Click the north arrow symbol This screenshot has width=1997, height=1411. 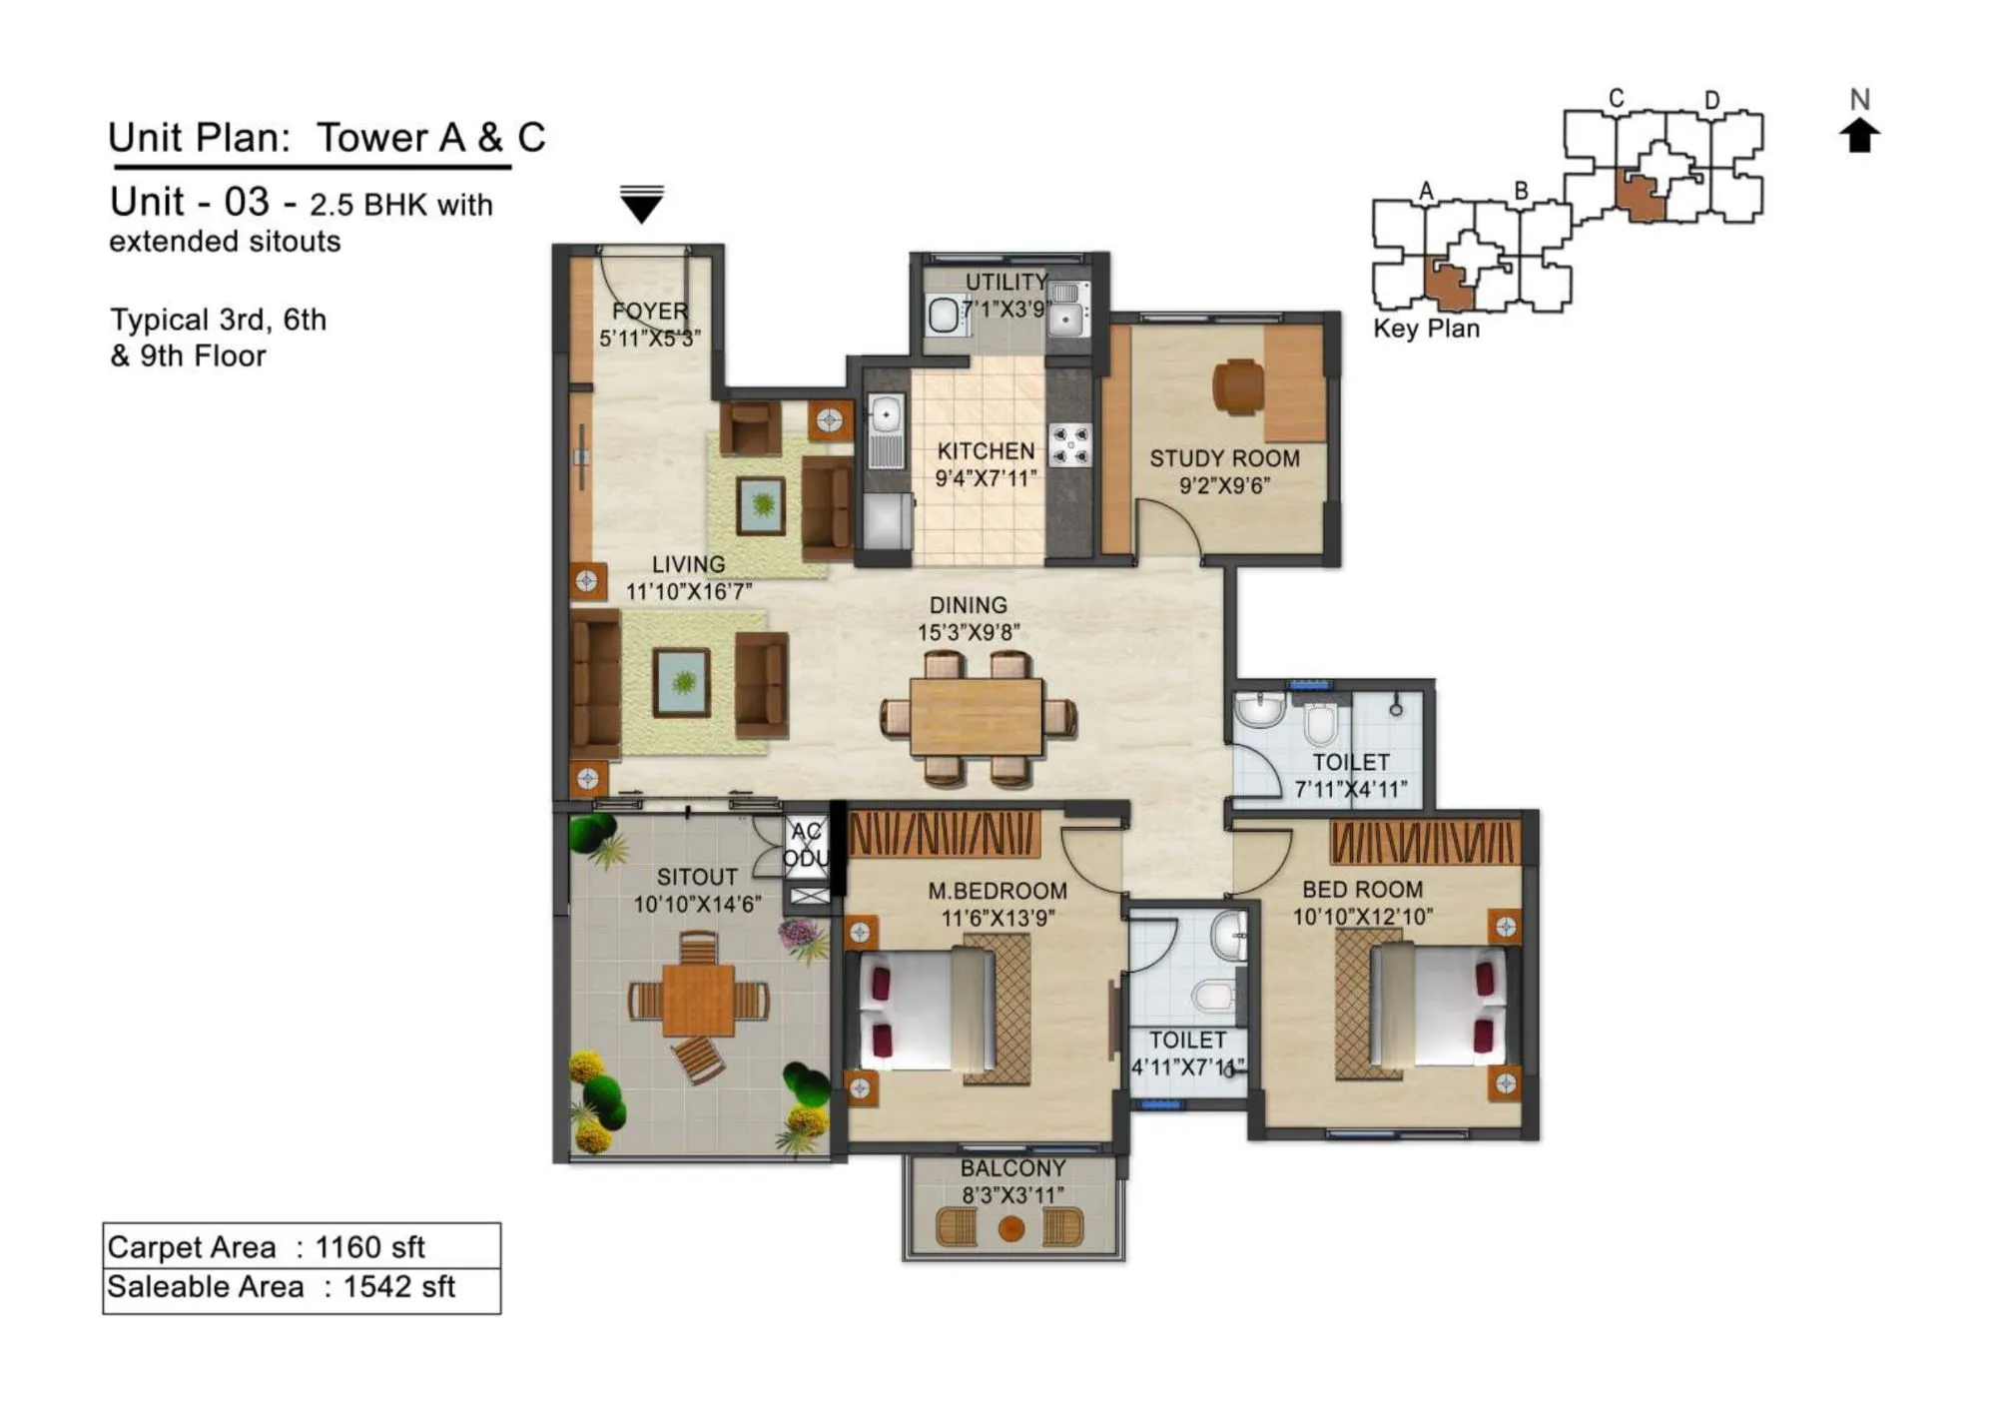1858,135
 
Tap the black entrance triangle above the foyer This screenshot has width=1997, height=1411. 641,205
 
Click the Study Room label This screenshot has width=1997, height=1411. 1224,458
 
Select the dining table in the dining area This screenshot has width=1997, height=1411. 976,716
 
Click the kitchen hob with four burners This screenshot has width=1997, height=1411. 1070,445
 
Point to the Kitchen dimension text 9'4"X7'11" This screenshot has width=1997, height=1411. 985,478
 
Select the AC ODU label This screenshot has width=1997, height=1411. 805,845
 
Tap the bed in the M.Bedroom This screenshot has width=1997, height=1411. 927,1011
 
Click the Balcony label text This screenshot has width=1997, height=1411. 1012,1168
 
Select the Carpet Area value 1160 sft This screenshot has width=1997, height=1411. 369,1247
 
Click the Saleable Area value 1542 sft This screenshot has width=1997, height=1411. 398,1287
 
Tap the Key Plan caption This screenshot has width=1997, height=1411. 1425,329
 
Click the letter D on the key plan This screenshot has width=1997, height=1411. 1711,100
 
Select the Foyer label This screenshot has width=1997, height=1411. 649,312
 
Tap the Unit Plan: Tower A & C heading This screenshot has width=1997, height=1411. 327,138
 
